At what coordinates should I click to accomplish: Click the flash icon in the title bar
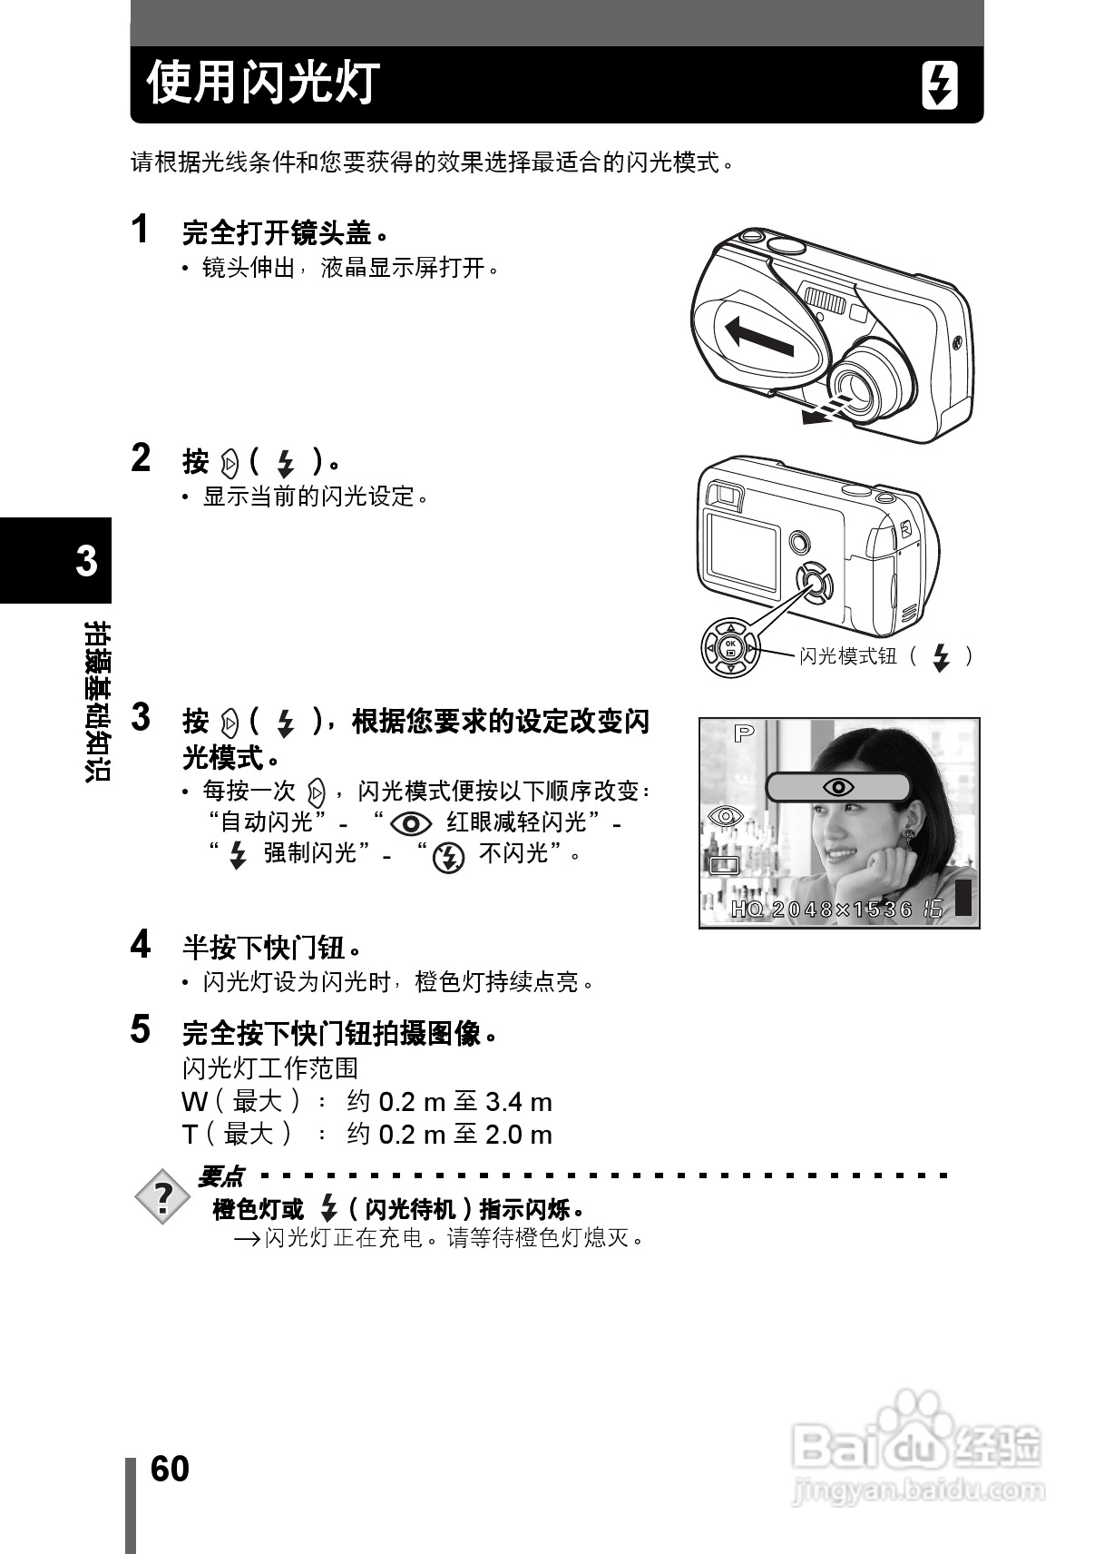coord(940,85)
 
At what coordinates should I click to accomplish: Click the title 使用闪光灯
coord(263,84)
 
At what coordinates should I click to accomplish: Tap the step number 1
coord(140,230)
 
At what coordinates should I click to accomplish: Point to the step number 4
coord(141,945)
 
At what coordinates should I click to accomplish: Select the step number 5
coord(141,1029)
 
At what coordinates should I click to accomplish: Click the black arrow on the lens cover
coord(760,337)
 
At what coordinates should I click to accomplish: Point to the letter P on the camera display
coord(744,733)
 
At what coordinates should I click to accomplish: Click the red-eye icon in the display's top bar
coord(837,787)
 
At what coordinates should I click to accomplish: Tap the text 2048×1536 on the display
coord(843,909)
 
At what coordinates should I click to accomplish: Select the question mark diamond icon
coord(162,1198)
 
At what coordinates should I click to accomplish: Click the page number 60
coord(170,1469)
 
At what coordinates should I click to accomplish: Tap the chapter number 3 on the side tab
coord(86,561)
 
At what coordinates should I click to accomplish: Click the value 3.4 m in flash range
coord(519,1102)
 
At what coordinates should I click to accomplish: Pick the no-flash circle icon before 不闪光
coord(448,857)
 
